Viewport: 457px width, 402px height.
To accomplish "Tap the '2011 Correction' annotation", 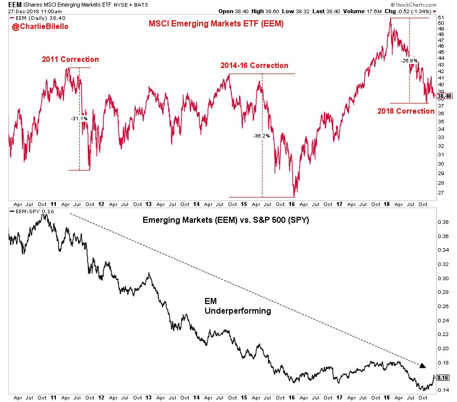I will click(x=70, y=59).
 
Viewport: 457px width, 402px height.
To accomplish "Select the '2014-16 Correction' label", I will click(x=254, y=65).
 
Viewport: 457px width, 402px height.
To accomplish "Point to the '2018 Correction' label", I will click(x=406, y=111).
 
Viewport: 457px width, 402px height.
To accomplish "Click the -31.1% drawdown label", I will click(x=80, y=118).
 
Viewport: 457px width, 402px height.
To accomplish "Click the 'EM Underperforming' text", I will click(x=237, y=306).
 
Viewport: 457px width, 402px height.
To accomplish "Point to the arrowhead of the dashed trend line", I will click(x=422, y=364).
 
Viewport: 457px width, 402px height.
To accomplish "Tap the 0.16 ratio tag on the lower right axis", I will click(x=443, y=378).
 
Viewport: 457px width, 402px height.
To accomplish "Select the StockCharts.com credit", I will click(x=430, y=4).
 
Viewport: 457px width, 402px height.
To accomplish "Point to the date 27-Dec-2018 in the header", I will click(x=24, y=11).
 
